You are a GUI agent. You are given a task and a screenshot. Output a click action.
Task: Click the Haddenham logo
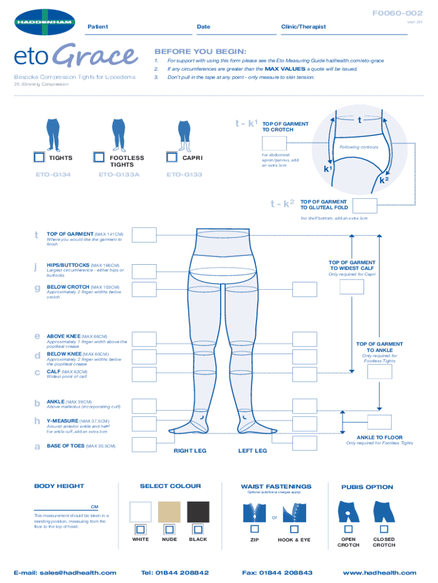tap(44, 22)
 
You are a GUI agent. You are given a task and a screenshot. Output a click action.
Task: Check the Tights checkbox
tap(39, 157)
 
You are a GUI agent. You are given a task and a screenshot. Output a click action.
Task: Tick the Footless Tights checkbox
tap(99, 157)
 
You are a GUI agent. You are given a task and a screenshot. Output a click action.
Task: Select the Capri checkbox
tap(172, 157)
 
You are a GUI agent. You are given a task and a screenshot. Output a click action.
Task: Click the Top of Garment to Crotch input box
tap(274, 143)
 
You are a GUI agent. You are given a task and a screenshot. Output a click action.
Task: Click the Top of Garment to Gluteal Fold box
tap(365, 206)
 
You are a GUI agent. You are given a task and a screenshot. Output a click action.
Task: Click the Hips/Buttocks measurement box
tap(144, 272)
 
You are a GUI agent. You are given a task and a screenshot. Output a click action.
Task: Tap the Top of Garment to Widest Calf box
tap(352, 287)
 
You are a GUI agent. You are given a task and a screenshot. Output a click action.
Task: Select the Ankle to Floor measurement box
tap(379, 422)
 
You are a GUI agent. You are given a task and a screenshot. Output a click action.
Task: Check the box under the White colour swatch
tap(141, 529)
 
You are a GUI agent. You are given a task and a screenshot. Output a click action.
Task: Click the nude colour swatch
tap(169, 512)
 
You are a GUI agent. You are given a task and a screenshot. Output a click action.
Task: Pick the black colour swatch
tap(198, 512)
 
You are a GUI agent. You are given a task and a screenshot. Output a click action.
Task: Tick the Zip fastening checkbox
tap(254, 529)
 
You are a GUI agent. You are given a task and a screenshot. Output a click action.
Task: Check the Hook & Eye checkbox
tap(294, 529)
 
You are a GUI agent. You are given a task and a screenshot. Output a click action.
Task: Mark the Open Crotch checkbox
tap(349, 529)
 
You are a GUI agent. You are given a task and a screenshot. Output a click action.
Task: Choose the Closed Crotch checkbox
tap(384, 529)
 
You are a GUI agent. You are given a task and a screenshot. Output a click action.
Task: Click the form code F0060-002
tap(398, 14)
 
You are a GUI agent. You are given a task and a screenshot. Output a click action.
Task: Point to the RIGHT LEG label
tap(190, 451)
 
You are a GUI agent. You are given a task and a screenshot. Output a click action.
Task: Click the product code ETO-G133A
tap(119, 174)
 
